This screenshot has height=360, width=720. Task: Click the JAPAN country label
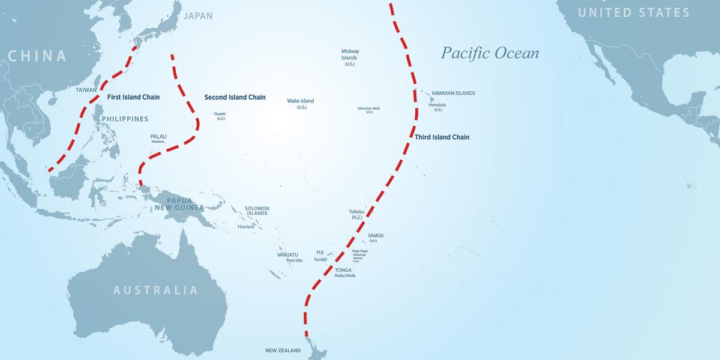coord(198,16)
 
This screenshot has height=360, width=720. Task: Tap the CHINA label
coord(37,56)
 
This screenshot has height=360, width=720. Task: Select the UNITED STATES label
coord(634,13)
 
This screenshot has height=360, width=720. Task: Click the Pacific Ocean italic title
coord(490,53)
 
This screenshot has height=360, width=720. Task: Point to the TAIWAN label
coord(86,90)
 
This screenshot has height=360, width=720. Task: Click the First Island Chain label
coord(133,97)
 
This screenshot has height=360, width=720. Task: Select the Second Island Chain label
coord(235,97)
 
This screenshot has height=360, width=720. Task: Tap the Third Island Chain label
coord(442,137)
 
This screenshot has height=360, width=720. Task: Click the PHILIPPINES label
coord(125,119)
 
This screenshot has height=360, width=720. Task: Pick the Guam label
coord(220,113)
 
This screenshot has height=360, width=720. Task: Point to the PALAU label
coord(158,136)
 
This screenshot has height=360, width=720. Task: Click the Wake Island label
coord(300,101)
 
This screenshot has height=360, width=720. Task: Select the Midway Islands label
coord(350,55)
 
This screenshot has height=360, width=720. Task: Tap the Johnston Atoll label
coord(368,109)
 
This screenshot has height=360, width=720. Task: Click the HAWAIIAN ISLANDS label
coord(453,94)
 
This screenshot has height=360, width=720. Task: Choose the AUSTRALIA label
coord(155,290)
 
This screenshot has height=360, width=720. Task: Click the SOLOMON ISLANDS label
coord(257,211)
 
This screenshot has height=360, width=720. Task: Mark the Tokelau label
coord(356,212)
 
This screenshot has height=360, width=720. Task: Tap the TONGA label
coord(344,270)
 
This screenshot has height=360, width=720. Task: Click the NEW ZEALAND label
coord(283,350)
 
